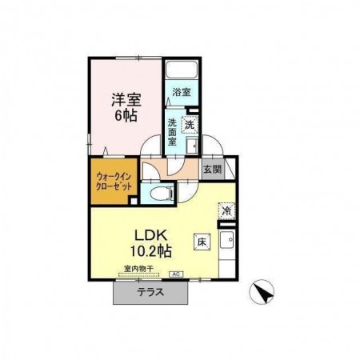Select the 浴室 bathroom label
click(182, 92)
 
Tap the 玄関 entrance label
click(211, 169)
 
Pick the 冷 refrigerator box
click(226, 210)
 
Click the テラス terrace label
click(150, 293)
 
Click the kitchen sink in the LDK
click(226, 241)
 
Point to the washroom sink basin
click(192, 146)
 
